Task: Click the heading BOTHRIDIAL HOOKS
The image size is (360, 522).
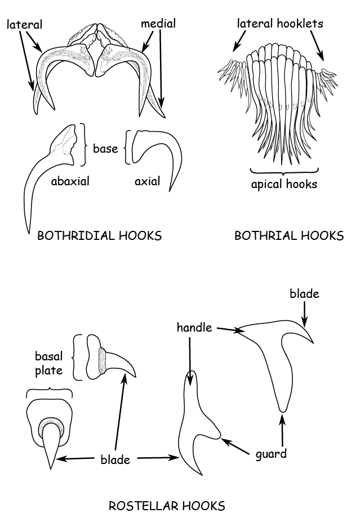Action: coord(99,236)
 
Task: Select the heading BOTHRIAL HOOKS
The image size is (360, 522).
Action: coord(288,236)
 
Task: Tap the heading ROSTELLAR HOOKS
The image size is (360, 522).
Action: coord(167,506)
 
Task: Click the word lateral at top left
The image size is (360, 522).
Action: coord(25,24)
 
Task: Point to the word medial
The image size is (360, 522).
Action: coord(158,24)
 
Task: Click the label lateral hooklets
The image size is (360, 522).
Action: coord(280,24)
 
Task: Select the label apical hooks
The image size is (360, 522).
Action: coord(284,184)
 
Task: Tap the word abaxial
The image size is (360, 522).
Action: coord(70,181)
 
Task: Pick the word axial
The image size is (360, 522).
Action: coord(147,181)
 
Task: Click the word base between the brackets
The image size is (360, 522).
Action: coord(105,149)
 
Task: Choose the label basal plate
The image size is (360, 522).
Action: coord(49,363)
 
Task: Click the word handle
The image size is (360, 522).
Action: coord(194,327)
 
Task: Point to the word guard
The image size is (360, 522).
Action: coord(270,454)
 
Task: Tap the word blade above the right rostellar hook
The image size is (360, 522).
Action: coord(304,293)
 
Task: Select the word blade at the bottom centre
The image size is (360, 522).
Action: coord(115,459)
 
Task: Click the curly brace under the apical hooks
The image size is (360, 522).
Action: coord(284,170)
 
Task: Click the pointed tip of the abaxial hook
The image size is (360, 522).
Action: coord(27,231)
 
